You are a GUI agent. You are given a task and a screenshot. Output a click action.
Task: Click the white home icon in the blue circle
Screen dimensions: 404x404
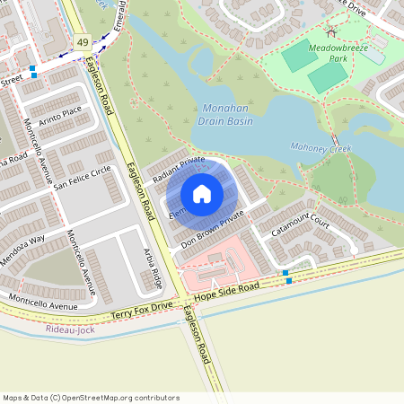click(202, 194)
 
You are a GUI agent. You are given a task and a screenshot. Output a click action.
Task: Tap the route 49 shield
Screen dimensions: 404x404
click(83, 42)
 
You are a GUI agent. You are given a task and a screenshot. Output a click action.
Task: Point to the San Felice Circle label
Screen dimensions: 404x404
click(82, 178)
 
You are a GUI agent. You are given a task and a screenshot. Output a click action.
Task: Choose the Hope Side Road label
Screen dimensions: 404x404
click(226, 289)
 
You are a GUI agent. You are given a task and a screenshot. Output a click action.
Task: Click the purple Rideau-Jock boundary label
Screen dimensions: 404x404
click(68, 329)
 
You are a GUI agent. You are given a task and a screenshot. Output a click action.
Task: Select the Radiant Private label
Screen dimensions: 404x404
click(179, 169)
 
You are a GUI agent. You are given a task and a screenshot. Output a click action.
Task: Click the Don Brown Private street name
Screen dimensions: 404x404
click(212, 230)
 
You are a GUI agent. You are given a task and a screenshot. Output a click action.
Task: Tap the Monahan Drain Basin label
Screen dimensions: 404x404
click(222, 112)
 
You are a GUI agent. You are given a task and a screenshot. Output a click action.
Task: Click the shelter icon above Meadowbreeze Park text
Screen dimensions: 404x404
click(331, 33)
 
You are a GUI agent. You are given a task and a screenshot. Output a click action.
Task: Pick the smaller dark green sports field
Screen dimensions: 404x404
click(326, 79)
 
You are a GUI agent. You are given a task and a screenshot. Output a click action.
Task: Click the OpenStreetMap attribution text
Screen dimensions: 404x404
click(91, 397)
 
